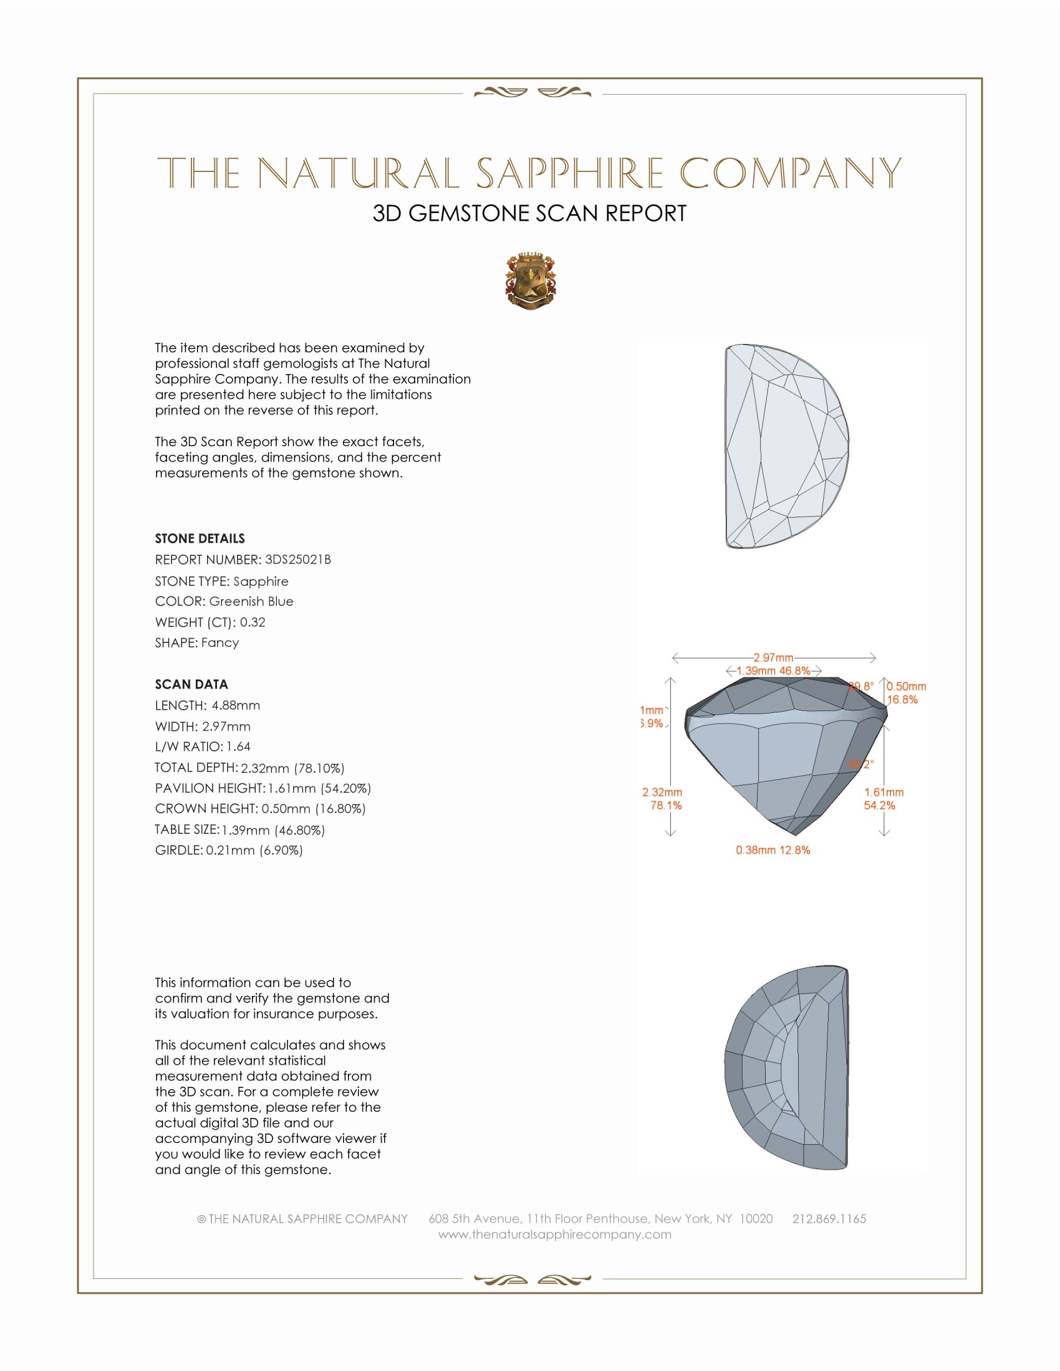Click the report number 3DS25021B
pyautogui.click(x=297, y=560)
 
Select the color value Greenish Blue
pyautogui.click(x=251, y=601)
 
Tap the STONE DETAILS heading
pyautogui.click(x=200, y=538)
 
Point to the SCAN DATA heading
pyautogui.click(x=191, y=684)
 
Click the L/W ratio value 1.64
pyautogui.click(x=239, y=747)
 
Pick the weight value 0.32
pyautogui.click(x=253, y=622)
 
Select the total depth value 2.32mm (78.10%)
pyautogui.click(x=292, y=768)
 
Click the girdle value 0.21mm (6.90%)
pyautogui.click(x=254, y=850)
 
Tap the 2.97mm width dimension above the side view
pyautogui.click(x=773, y=657)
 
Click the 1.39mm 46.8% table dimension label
pyautogui.click(x=773, y=671)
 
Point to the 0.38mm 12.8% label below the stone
pyautogui.click(x=773, y=850)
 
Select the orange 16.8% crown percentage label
pyautogui.click(x=902, y=699)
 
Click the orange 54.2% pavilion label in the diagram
pyautogui.click(x=879, y=805)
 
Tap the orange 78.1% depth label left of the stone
pyautogui.click(x=666, y=805)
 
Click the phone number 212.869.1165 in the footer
pyautogui.click(x=829, y=1218)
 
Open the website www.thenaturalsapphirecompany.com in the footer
pyautogui.click(x=554, y=1234)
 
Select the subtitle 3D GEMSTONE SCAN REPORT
pyautogui.click(x=529, y=213)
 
